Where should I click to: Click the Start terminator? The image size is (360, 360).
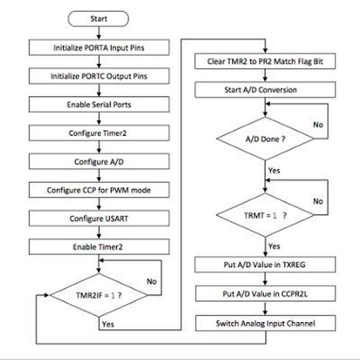click(x=99, y=19)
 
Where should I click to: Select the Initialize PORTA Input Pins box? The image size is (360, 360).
click(x=98, y=48)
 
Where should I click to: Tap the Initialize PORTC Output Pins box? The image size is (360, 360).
click(x=98, y=76)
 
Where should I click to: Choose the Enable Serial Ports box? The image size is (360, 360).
click(x=98, y=105)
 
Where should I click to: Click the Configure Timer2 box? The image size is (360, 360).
click(x=98, y=133)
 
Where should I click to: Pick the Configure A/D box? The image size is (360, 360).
click(x=98, y=161)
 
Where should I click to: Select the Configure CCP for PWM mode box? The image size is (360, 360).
click(x=98, y=190)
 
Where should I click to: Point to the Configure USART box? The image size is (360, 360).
click(x=98, y=218)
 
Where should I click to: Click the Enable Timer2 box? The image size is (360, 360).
click(x=98, y=247)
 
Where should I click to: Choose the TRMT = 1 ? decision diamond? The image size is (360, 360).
click(x=265, y=215)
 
